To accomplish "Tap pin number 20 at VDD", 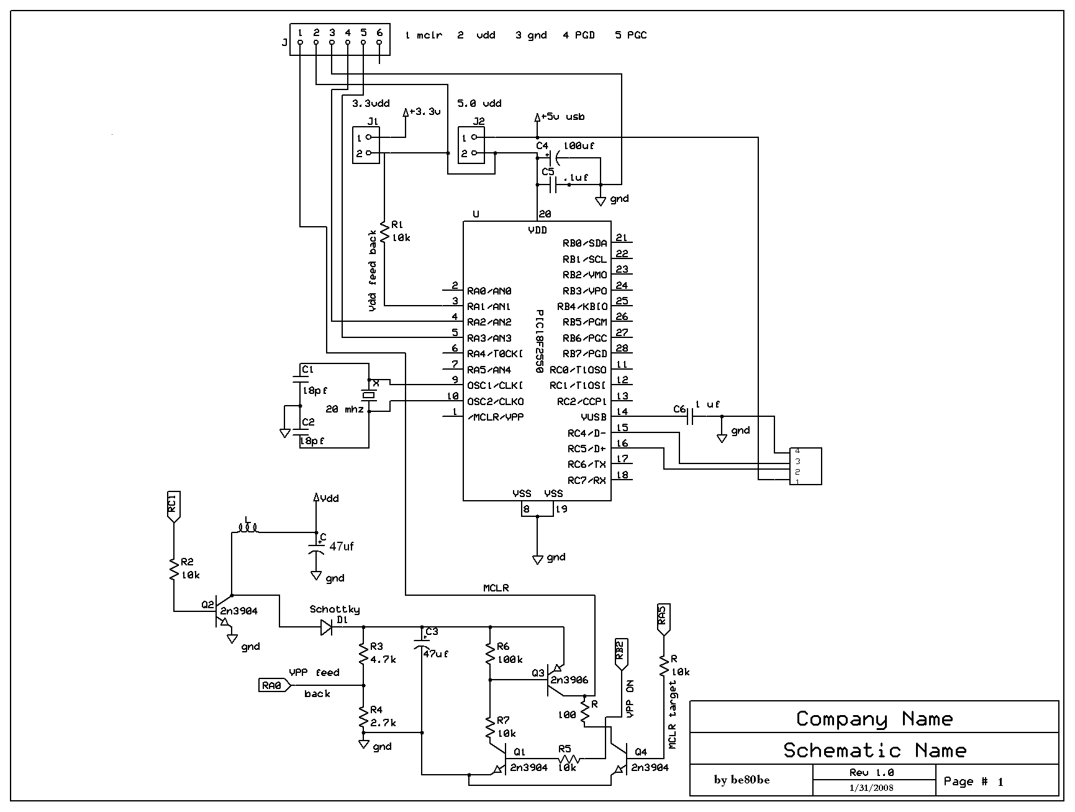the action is [x=545, y=214].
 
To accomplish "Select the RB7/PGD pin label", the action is [x=585, y=354].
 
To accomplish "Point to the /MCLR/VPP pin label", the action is [x=496, y=417].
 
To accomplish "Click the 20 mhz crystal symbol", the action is [x=370, y=395].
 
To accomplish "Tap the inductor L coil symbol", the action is [x=247, y=529].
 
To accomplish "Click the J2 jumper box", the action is [x=471, y=145].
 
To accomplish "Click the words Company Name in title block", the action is [x=874, y=719].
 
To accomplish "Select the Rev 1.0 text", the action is [x=871, y=772].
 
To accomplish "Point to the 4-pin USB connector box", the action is [x=805, y=466].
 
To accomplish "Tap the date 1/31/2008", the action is [x=871, y=788].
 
